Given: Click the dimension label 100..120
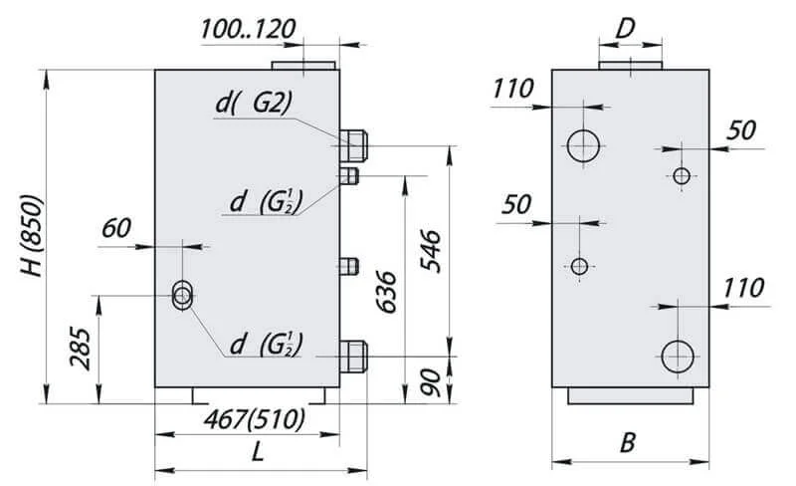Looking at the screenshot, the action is point(248,29).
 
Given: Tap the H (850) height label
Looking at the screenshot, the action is point(33,235).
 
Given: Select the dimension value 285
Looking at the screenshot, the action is point(81,348).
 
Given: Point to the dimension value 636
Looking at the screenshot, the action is point(386,292).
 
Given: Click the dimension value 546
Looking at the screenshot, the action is point(431,251).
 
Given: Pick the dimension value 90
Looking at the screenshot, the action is point(431,382).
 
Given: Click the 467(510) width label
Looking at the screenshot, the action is point(255,420).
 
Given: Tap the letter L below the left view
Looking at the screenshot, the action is point(258,451).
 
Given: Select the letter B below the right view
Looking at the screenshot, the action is point(628,443).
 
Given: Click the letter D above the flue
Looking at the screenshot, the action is point(625,29).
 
